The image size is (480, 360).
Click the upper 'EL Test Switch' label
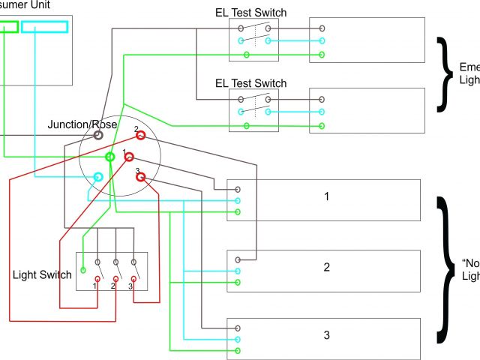point(251,13)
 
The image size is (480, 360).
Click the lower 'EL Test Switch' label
point(251,83)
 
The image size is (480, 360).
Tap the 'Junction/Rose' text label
point(82,124)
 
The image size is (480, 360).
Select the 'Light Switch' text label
point(43,274)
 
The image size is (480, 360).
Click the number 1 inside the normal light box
point(326,196)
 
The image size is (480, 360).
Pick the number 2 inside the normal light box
point(326,267)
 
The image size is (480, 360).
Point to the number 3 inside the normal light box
point(326,334)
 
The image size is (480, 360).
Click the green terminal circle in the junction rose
point(110,156)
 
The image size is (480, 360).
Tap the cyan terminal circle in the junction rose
point(98,178)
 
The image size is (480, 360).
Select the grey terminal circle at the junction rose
point(98,135)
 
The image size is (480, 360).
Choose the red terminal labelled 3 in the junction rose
point(140,178)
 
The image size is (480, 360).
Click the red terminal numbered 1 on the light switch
point(97,279)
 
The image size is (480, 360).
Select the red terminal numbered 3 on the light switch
point(134,279)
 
